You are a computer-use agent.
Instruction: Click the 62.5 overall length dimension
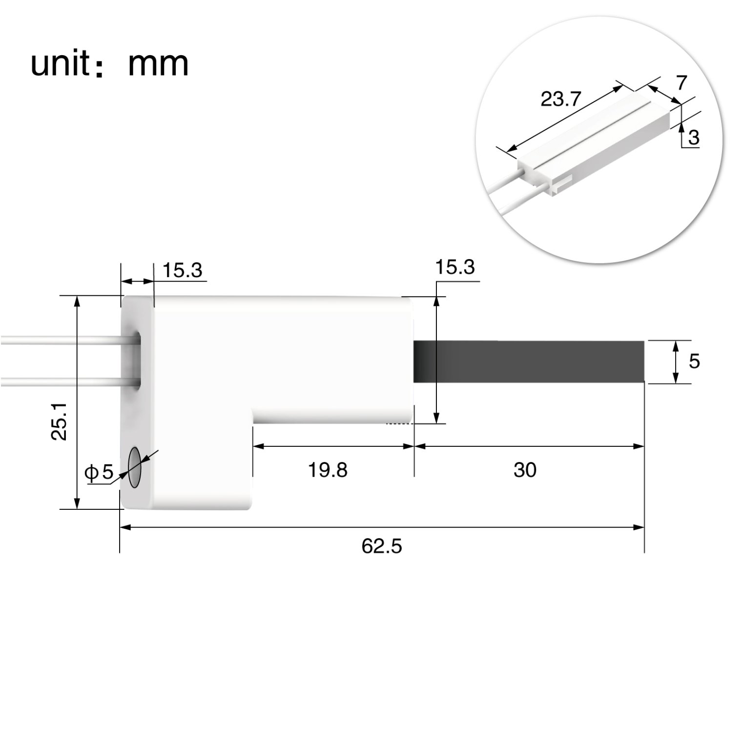(382, 546)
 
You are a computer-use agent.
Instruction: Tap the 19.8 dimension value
(328, 470)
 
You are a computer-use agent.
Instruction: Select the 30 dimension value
(525, 470)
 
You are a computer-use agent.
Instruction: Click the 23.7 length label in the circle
(560, 100)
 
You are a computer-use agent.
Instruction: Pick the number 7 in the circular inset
(681, 82)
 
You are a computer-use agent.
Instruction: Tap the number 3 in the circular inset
(693, 138)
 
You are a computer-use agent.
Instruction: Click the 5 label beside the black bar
(694, 361)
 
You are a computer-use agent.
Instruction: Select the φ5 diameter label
(99, 472)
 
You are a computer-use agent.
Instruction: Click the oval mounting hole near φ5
(134, 466)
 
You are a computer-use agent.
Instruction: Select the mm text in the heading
(158, 64)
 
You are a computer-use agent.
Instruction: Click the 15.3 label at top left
(182, 270)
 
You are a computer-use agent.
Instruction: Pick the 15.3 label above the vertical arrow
(454, 267)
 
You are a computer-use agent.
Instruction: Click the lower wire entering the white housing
(63, 381)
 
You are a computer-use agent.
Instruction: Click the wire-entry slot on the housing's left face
(137, 360)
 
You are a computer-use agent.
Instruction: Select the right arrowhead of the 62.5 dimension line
(639, 527)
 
